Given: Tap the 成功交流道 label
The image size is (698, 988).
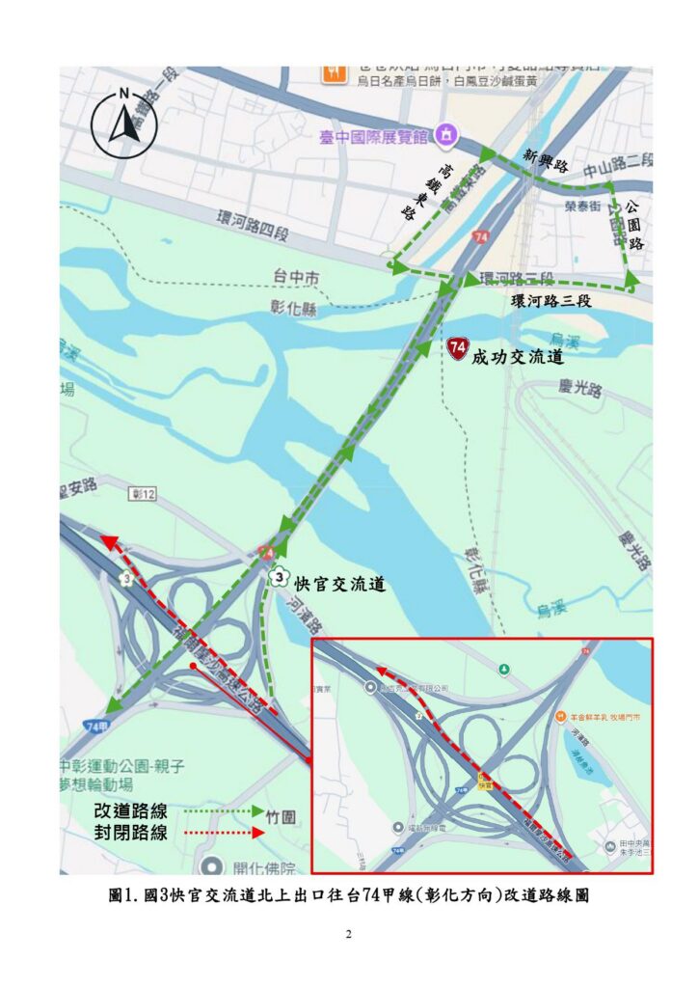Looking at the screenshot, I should [x=517, y=357].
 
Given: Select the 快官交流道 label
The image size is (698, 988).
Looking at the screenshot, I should [x=339, y=584].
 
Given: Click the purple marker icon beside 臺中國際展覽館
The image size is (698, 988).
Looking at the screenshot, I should [x=444, y=136].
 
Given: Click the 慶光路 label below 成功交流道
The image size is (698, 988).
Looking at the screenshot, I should [x=579, y=390].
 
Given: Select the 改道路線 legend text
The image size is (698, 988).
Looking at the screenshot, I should [x=130, y=811].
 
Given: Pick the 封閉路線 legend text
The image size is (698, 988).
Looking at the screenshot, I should [x=130, y=833].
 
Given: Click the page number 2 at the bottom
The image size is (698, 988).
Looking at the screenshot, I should [x=349, y=935].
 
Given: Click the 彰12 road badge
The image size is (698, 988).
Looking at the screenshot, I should [x=142, y=494].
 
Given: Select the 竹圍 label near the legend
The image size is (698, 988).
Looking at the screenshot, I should [x=282, y=817].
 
